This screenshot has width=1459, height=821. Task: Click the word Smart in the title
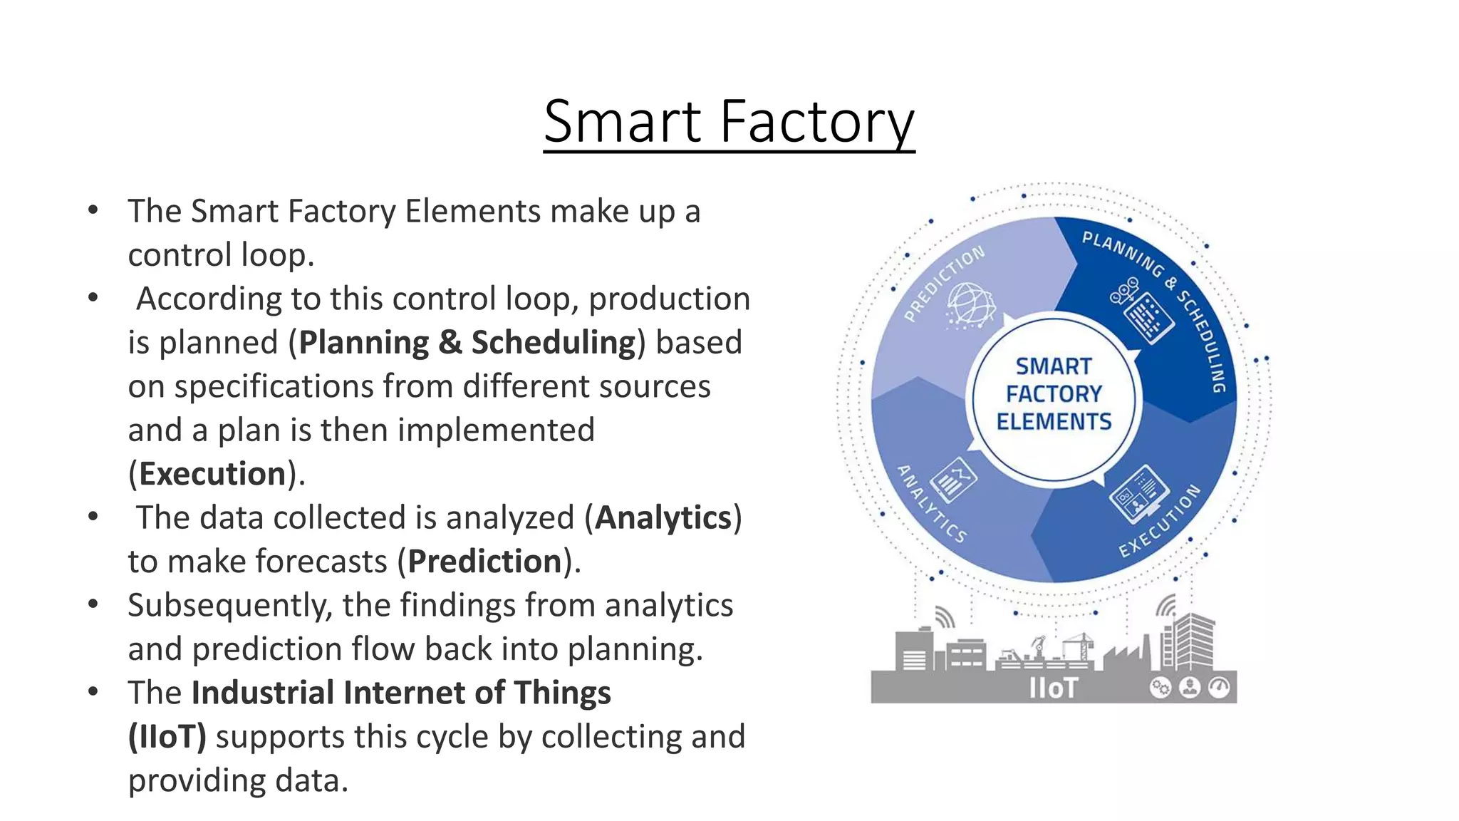click(x=623, y=122)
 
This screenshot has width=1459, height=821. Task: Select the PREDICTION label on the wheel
click(x=944, y=284)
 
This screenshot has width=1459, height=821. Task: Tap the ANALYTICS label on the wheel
click(x=931, y=504)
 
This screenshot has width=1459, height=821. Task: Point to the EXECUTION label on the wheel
click(x=1161, y=521)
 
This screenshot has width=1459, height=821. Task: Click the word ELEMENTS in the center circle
click(x=1054, y=422)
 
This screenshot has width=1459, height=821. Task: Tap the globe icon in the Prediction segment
click(x=969, y=305)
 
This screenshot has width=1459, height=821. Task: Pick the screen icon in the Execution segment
click(x=1139, y=493)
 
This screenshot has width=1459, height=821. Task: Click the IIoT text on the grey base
click(x=1053, y=688)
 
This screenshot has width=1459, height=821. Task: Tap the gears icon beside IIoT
click(x=1160, y=688)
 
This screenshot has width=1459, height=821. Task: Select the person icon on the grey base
click(x=1190, y=688)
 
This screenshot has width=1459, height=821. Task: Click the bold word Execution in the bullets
click(x=212, y=474)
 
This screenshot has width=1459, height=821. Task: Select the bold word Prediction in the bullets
click(x=485, y=562)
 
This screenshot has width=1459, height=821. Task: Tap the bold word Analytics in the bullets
click(x=663, y=518)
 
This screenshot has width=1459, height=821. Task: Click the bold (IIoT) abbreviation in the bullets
click(x=167, y=737)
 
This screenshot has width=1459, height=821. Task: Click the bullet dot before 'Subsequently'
click(x=93, y=605)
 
